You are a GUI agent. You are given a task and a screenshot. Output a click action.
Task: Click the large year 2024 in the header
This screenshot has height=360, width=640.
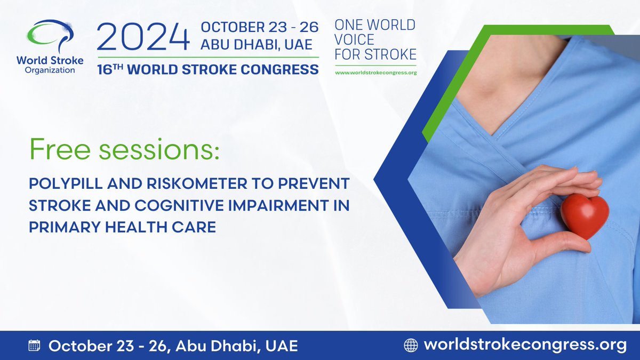pos(143,39)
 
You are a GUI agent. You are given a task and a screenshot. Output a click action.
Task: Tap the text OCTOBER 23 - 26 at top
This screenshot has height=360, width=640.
pos(259,27)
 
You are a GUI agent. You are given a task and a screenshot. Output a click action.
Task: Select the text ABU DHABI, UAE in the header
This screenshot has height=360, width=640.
pos(256,45)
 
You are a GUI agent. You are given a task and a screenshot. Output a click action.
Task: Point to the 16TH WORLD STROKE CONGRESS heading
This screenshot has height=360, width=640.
pos(208,69)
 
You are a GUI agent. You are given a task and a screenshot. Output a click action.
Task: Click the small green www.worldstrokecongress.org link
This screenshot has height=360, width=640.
pos(375,72)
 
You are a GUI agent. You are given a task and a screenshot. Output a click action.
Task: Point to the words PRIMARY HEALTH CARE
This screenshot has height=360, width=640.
pos(122,227)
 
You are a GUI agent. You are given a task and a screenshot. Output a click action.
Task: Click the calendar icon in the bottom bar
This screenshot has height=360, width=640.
pos(34,345)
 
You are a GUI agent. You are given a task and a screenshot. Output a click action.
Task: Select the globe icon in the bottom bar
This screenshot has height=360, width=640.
pos(411,345)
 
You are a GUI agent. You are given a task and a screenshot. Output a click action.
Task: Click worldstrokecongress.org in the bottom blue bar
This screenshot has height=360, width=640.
pos(525,345)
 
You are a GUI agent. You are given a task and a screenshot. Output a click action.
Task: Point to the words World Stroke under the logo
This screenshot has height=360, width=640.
pos(56,61)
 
